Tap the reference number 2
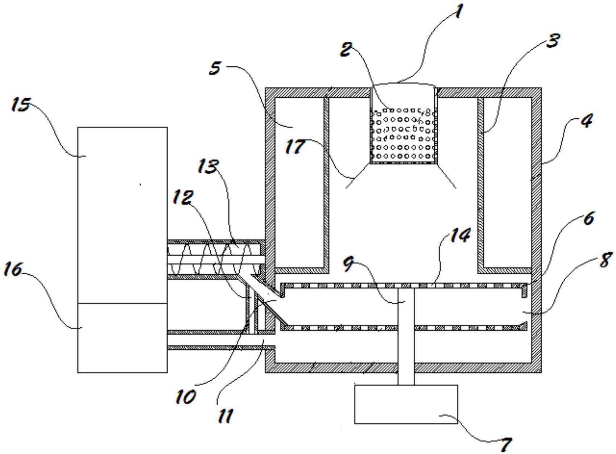(x=346, y=49)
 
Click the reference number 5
(x=215, y=68)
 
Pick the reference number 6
(x=588, y=218)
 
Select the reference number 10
(x=186, y=397)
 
